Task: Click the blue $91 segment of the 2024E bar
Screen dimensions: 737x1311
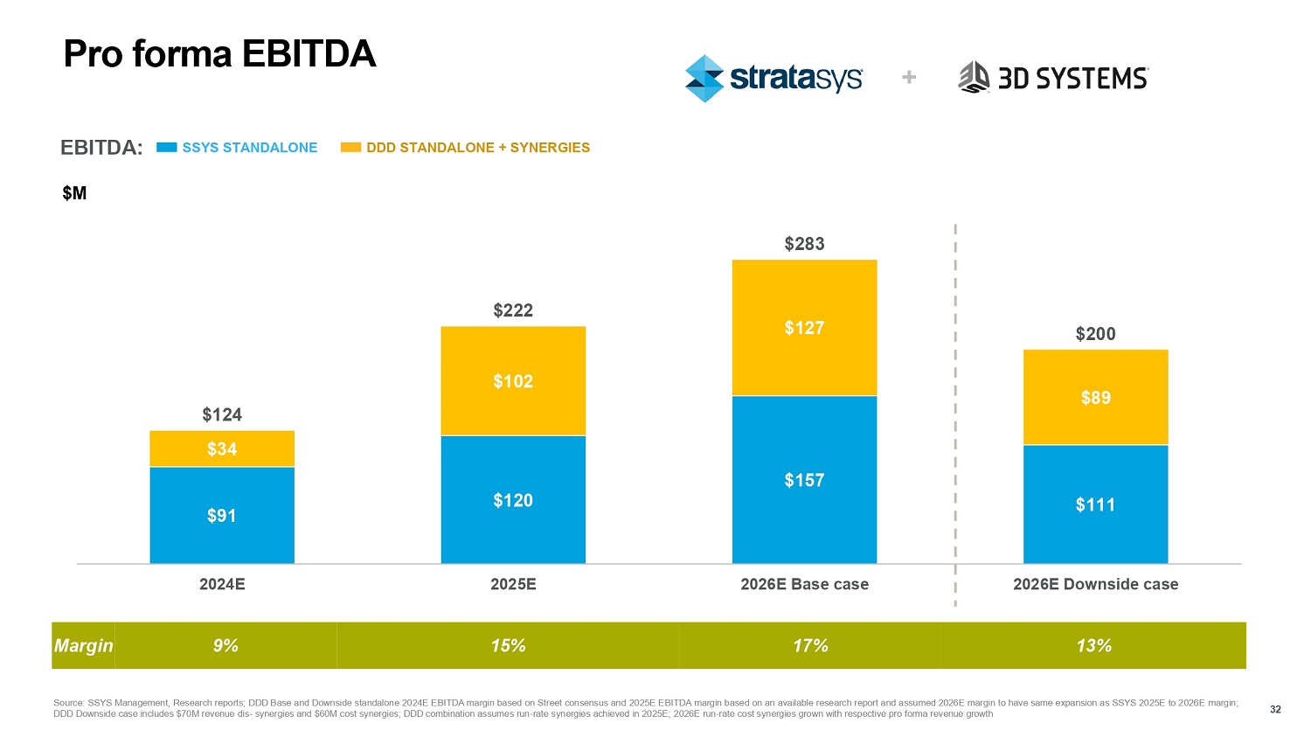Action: pos(222,515)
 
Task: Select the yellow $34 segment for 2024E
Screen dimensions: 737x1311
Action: pos(222,448)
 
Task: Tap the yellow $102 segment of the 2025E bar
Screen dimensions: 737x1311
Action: pos(513,381)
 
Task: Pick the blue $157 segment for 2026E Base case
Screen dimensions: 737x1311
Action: pos(804,480)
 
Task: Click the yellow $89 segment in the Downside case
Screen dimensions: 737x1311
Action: pos(1095,398)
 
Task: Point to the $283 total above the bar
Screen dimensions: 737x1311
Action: pos(804,244)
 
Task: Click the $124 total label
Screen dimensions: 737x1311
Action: pos(222,414)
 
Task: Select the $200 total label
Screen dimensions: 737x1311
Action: pos(1095,334)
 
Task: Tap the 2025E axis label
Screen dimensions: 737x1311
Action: pos(513,584)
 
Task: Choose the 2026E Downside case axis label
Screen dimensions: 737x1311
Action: pos(1095,584)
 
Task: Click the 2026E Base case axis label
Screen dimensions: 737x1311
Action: pos(804,584)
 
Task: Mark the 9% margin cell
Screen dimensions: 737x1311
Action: pos(225,646)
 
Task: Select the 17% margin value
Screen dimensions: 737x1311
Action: pos(810,646)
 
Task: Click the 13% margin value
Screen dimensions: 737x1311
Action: pos(1093,646)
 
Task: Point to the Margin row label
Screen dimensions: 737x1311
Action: pos(83,646)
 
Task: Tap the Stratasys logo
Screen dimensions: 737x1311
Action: pos(773,79)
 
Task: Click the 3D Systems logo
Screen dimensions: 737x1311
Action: pos(1053,78)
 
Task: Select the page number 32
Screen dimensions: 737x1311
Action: pos(1275,709)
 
